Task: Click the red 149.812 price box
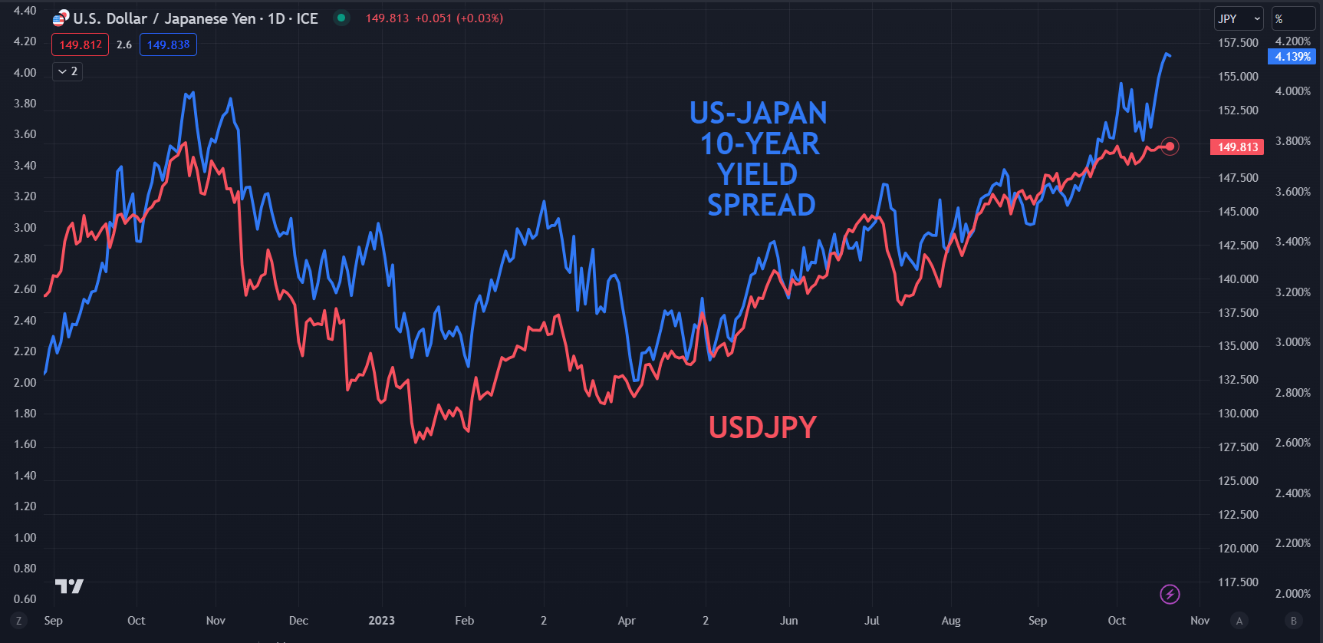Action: (x=81, y=45)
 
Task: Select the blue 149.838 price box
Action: (x=168, y=45)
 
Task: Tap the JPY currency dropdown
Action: (x=1238, y=18)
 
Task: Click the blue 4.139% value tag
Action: (x=1292, y=57)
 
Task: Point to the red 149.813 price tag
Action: (x=1237, y=147)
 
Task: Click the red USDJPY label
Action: (x=762, y=427)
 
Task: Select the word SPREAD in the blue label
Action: (x=761, y=206)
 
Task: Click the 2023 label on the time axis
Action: (x=381, y=620)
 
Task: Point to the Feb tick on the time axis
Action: (x=464, y=620)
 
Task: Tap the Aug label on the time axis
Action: (x=951, y=620)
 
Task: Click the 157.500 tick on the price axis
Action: (x=1238, y=43)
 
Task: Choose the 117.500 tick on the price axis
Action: (x=1238, y=582)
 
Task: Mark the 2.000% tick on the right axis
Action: (x=1292, y=593)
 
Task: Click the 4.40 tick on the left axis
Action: (x=25, y=11)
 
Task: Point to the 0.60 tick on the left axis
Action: (x=25, y=598)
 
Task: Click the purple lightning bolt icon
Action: (x=1170, y=594)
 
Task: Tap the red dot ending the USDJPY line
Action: (x=1170, y=146)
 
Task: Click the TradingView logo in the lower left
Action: (x=69, y=586)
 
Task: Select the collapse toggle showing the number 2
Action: (x=67, y=71)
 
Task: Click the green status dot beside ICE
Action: (x=341, y=18)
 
